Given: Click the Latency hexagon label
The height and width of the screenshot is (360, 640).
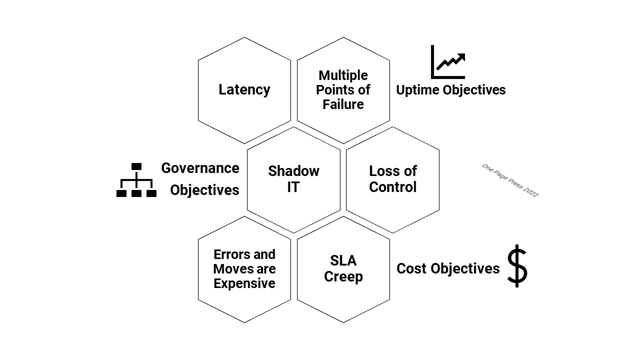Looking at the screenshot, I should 244,90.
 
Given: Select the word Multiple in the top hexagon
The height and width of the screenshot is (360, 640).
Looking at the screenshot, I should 343,75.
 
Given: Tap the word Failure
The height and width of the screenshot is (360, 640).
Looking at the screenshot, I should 343,104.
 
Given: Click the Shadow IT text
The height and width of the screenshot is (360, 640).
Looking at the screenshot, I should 293,178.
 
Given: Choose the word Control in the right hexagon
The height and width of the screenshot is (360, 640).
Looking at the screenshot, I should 392,187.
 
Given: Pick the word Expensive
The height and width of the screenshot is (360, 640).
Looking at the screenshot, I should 244,283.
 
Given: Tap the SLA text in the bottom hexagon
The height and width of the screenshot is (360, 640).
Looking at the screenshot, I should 343,260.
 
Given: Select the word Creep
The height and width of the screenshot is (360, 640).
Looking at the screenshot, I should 343,276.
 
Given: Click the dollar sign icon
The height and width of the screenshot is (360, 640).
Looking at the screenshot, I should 517,266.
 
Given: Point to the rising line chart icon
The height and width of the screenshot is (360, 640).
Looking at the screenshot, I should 448,62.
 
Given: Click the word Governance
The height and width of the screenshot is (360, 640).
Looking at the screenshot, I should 200,168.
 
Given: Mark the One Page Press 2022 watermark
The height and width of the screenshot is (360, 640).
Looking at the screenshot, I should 510,180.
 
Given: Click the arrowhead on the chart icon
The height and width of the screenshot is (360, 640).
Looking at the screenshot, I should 461,57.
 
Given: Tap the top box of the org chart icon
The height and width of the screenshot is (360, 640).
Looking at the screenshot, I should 136,166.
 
